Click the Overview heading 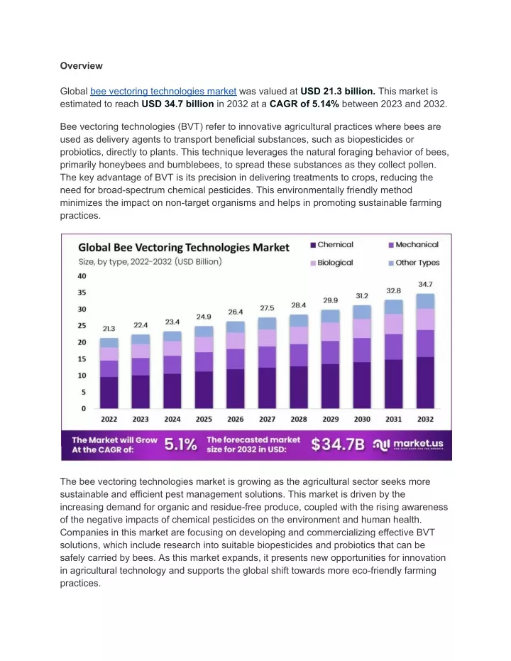(x=81, y=66)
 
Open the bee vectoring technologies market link (x=163, y=91)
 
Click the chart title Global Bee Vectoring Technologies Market (x=184, y=248)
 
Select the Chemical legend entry (x=332, y=244)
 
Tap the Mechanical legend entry (x=413, y=244)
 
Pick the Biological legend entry (x=332, y=263)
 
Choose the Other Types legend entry (x=414, y=263)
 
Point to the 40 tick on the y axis (x=82, y=276)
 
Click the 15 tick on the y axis (x=82, y=359)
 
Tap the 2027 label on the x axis (x=267, y=419)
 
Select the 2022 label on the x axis (x=109, y=419)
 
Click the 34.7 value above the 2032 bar (x=425, y=285)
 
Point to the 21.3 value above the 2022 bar (x=109, y=329)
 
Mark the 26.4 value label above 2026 (x=236, y=312)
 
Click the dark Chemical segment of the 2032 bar (x=425, y=383)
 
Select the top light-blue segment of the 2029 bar (x=330, y=316)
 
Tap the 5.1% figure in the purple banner (x=180, y=444)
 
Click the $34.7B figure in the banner (x=338, y=444)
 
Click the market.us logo (x=408, y=444)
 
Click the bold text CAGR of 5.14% (x=304, y=104)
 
